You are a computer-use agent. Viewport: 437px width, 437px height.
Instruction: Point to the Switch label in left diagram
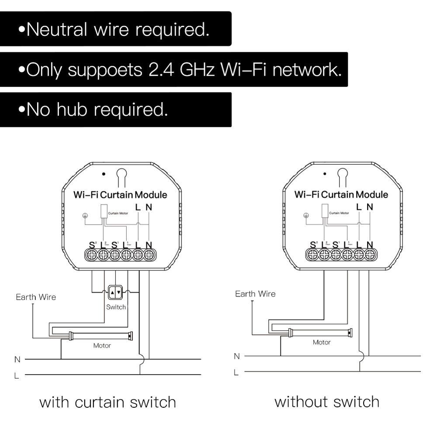click(116, 307)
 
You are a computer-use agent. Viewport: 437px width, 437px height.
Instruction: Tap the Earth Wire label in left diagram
click(36, 297)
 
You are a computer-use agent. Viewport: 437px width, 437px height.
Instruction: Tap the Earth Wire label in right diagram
click(255, 294)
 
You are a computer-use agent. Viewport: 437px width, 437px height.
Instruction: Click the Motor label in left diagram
click(102, 345)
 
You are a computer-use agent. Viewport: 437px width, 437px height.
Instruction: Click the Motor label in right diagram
click(321, 342)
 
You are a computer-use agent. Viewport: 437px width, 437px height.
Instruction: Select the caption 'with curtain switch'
click(108, 402)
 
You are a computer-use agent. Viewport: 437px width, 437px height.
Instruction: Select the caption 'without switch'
click(327, 401)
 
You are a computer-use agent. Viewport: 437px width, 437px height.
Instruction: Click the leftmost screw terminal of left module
click(92, 255)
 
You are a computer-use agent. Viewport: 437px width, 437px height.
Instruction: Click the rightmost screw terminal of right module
click(370, 254)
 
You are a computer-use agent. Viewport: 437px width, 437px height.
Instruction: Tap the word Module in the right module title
click(371, 194)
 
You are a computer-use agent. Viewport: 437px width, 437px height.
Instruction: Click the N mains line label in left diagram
click(17, 359)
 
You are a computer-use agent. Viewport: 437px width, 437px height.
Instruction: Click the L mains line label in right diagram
click(236, 372)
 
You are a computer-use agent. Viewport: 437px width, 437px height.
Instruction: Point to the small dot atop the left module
click(104, 173)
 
